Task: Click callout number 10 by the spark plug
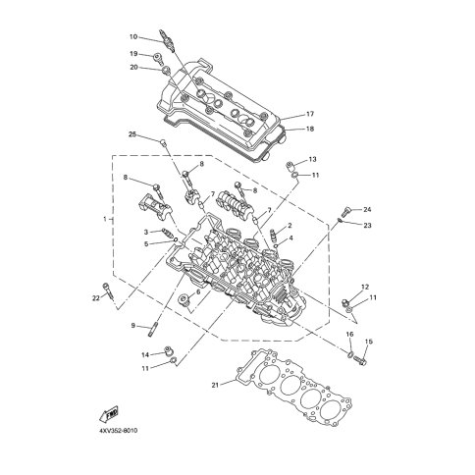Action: (133, 36)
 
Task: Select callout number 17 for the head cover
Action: (310, 114)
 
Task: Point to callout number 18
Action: (310, 129)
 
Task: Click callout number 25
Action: (132, 134)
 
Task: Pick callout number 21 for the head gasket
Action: (215, 385)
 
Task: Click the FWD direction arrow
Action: (108, 414)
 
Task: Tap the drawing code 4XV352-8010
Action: (118, 430)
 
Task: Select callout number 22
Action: (95, 298)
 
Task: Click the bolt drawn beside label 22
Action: (109, 290)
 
